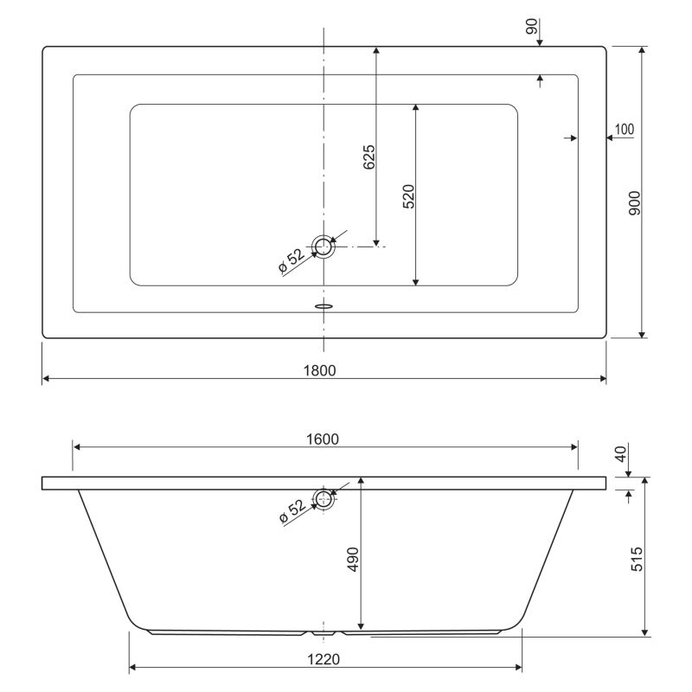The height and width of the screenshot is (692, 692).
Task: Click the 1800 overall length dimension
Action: [319, 370]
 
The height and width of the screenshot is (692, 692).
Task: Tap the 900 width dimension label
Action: [634, 203]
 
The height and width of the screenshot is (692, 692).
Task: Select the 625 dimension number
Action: [369, 157]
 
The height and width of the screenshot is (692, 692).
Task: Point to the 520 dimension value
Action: [408, 196]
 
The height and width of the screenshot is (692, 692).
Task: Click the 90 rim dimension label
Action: [532, 26]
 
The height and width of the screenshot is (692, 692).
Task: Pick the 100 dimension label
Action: [625, 129]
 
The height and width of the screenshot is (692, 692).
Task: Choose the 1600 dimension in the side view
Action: [323, 439]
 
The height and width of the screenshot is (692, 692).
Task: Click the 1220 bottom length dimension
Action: [324, 659]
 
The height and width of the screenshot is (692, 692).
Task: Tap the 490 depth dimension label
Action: [354, 559]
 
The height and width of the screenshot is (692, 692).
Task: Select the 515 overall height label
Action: [637, 559]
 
